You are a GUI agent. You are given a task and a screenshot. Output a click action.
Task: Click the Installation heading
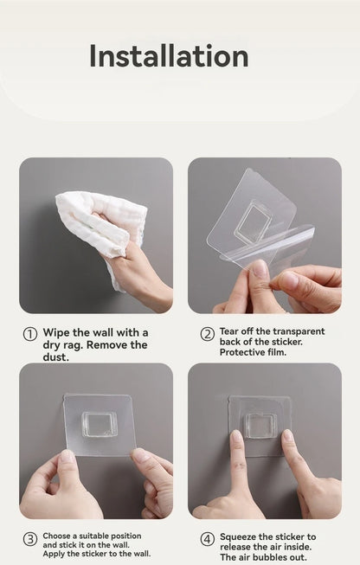pos(169,56)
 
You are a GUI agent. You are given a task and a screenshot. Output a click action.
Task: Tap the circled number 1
pos(29,335)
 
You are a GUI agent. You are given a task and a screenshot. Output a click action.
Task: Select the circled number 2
pos(208,334)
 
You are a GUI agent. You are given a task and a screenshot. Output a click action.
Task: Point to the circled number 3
pos(29,539)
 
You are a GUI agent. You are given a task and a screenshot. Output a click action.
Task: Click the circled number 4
pos(208,539)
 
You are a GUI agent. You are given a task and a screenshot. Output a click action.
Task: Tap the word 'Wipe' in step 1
pos(58,332)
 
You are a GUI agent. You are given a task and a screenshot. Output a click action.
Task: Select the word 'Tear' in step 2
pos(230,331)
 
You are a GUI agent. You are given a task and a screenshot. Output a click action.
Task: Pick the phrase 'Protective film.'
pos(252,351)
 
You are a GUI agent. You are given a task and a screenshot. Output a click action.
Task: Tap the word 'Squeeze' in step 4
pos(241,536)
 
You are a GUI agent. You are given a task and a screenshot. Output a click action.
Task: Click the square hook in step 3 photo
pos(99,424)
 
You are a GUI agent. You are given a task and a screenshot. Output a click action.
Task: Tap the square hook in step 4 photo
pos(260,424)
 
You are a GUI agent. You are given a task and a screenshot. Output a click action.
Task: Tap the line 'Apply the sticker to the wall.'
pos(96,554)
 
